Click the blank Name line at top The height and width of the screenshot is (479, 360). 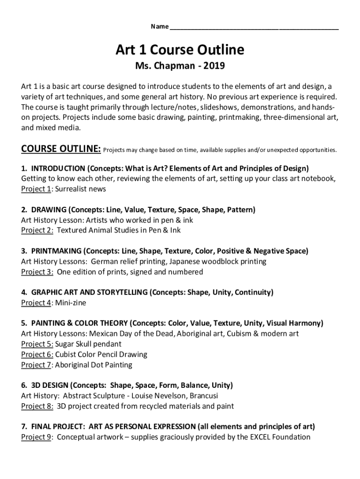pyautogui.click(x=254, y=27)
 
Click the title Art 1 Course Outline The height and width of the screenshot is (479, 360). pyautogui.click(x=180, y=49)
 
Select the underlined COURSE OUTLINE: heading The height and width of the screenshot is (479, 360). pyautogui.click(x=61, y=149)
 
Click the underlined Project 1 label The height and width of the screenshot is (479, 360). pyautogui.click(x=36, y=189)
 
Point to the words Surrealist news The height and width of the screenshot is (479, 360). pyautogui.click(x=81, y=189)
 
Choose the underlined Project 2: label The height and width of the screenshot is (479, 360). pyautogui.click(x=37, y=230)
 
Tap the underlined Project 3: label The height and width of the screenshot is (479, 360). pyautogui.click(x=37, y=272)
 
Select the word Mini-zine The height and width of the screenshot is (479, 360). pyautogui.click(x=71, y=303)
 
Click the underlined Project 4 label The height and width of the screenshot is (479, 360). pyautogui.click(x=36, y=303)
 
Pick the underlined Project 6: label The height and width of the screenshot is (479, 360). pyautogui.click(x=37, y=354)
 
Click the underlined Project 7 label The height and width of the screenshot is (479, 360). pyautogui.click(x=36, y=364)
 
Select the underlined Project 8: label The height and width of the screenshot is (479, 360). pyautogui.click(x=37, y=406)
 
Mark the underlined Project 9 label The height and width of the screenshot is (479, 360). pyautogui.click(x=36, y=437)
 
